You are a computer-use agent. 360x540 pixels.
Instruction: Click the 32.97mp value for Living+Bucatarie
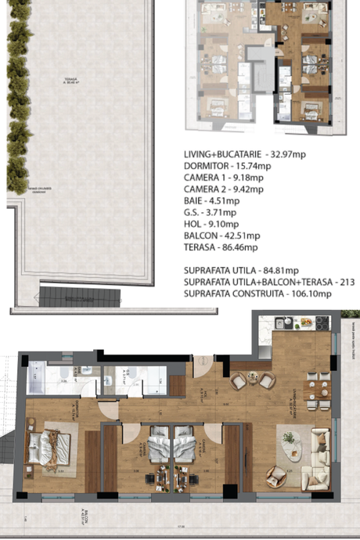(x=287, y=153)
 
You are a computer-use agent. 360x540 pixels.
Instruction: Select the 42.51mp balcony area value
(x=239, y=236)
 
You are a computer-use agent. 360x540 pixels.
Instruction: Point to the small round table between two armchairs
(x=253, y=380)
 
